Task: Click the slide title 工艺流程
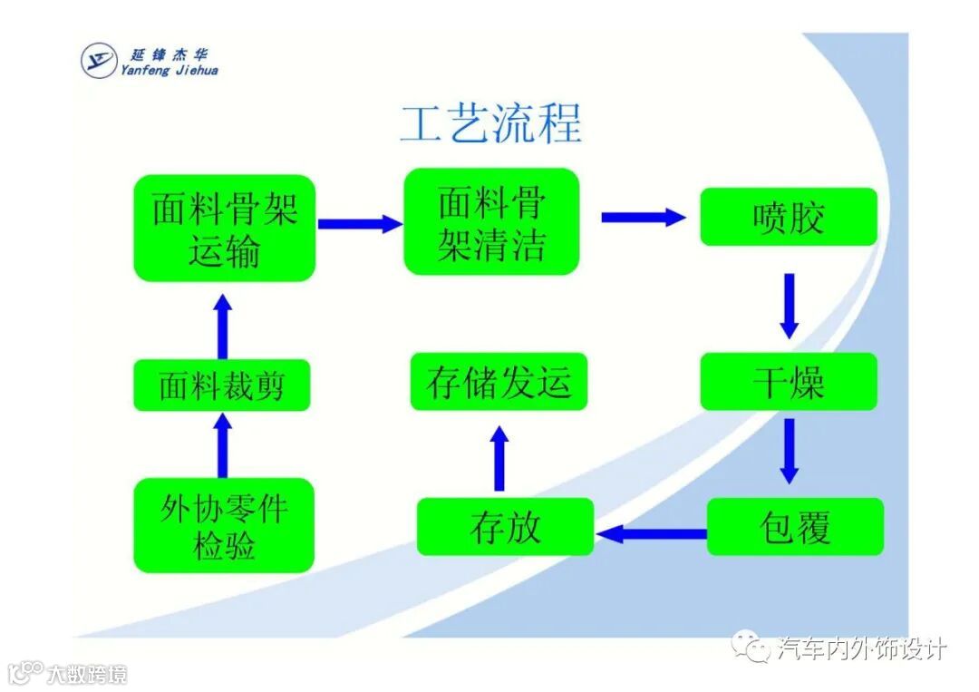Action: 490,124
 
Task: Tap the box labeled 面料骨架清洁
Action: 490,222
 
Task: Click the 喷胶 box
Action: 788,218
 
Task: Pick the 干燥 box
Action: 788,382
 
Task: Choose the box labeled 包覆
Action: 794,527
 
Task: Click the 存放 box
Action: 505,527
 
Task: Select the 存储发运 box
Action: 499,382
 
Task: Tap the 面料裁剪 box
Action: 222,385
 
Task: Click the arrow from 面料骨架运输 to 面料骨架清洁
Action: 359,223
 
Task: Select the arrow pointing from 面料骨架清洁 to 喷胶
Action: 643,217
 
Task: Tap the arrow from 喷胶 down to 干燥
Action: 789,305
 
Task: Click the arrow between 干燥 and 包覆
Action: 789,450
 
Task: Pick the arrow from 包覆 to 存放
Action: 651,533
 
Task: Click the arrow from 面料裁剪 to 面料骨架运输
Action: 223,326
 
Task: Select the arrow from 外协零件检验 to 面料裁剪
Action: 223,444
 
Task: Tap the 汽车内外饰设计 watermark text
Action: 861,648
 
